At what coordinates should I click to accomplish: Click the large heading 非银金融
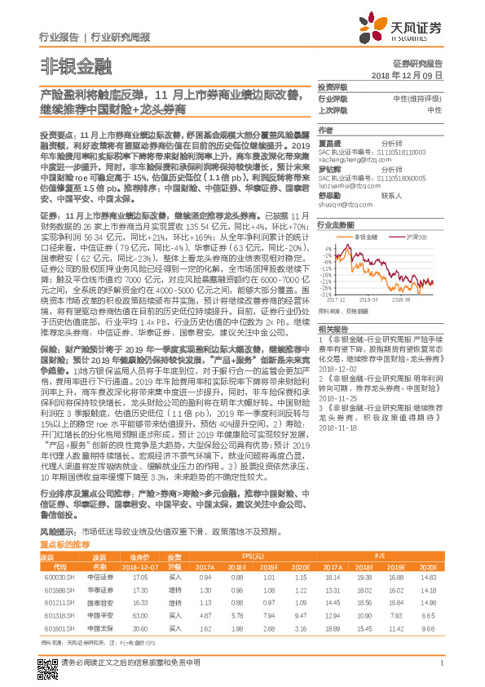(x=64, y=66)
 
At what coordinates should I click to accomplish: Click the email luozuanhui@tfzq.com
(x=343, y=184)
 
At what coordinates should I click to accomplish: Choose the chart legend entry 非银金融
(x=367, y=234)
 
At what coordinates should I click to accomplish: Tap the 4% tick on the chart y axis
(x=325, y=243)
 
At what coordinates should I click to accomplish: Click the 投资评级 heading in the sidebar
(x=333, y=87)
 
